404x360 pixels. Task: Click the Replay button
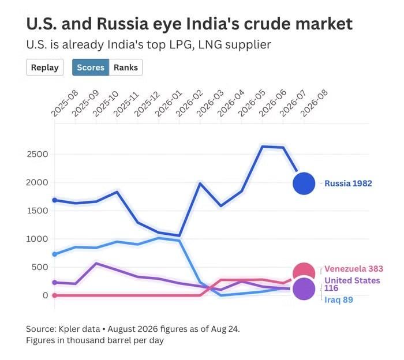click(45, 67)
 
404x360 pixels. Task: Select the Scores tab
click(91, 67)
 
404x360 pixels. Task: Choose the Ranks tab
click(126, 67)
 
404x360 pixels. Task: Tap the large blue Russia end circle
click(304, 183)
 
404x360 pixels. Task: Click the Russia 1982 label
click(349, 183)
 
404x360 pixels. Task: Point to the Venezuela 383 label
click(354, 269)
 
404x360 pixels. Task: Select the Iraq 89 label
click(339, 300)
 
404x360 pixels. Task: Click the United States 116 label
click(352, 284)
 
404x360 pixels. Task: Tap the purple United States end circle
click(304, 289)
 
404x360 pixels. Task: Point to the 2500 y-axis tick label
click(38, 154)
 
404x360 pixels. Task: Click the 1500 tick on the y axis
click(38, 211)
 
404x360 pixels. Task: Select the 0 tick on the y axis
click(46, 295)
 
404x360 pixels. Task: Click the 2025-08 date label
click(65, 103)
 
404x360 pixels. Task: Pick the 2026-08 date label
click(314, 103)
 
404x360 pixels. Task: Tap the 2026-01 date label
click(169, 103)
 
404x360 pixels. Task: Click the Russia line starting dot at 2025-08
click(55, 200)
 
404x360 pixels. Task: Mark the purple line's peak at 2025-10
click(96, 264)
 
